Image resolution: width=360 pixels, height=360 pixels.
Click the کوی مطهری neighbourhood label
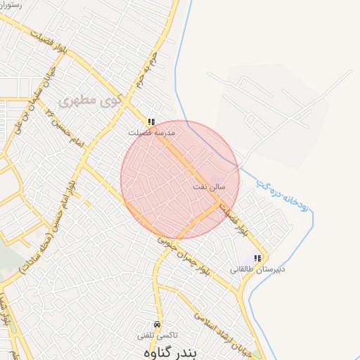point(87,101)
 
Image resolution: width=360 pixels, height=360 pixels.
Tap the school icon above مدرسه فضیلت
point(151,122)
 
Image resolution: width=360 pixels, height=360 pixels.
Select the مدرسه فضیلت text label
point(151,132)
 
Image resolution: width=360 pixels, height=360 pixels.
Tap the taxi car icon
point(157,324)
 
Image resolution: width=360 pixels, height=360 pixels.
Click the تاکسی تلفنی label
point(157,335)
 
